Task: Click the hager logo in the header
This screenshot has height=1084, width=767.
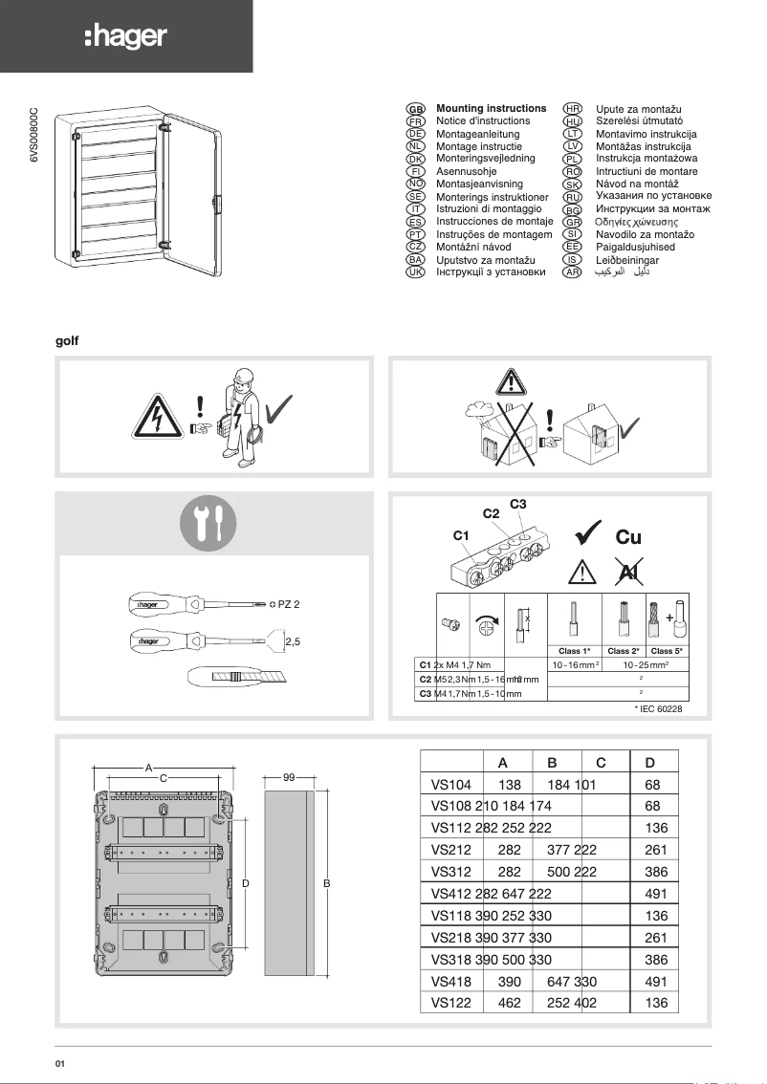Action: (x=125, y=37)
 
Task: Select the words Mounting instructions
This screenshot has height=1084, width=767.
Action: (x=491, y=109)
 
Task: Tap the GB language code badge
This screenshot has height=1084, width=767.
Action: (x=416, y=110)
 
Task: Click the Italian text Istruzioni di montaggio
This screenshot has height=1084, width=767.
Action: (x=489, y=208)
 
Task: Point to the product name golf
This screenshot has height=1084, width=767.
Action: (x=67, y=340)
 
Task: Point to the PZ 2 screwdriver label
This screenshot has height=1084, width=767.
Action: (x=289, y=604)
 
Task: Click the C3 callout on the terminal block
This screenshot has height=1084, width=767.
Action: (x=518, y=504)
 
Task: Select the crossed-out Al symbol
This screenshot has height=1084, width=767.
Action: (x=628, y=572)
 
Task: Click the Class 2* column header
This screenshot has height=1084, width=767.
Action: (x=624, y=651)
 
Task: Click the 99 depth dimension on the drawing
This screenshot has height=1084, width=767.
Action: (x=288, y=778)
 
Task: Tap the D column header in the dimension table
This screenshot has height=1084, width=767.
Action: (x=650, y=762)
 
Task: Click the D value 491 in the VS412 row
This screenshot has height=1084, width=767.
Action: (x=656, y=894)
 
